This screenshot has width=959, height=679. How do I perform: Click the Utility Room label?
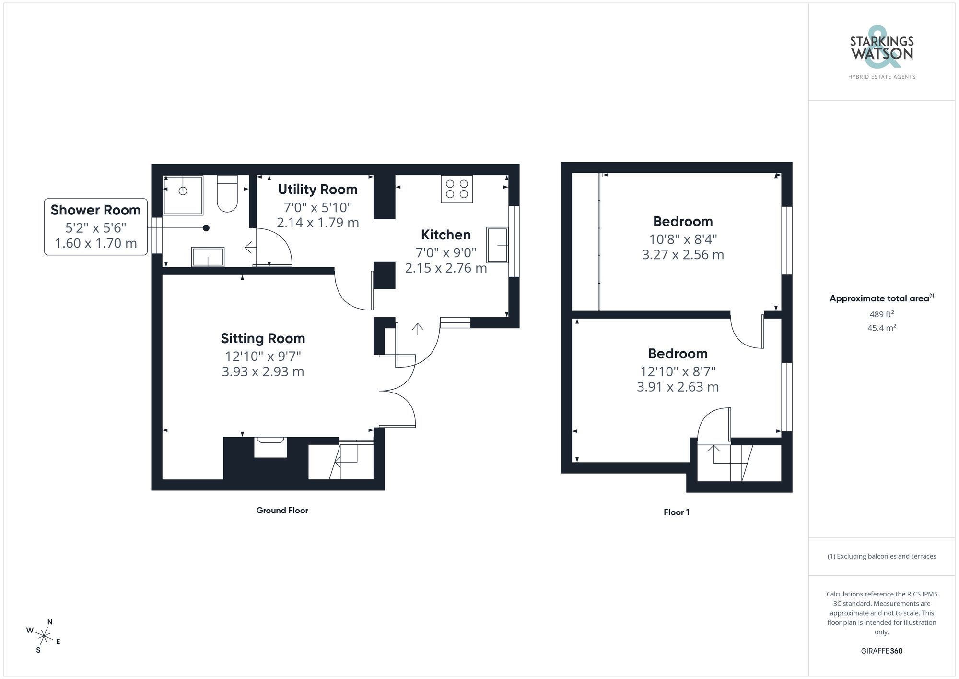[317, 190]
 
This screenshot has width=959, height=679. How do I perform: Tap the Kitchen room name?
[445, 235]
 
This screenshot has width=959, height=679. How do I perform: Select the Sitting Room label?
[263, 338]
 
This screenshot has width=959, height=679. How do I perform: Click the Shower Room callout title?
[95, 210]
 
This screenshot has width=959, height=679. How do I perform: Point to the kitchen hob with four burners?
[456, 189]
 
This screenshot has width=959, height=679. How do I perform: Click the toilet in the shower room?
[227, 194]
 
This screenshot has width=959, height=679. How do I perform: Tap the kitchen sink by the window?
[497, 245]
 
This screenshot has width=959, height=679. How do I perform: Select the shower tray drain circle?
[183, 191]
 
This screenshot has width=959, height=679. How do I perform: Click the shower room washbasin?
[208, 257]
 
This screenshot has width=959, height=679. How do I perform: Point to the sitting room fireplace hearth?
[270, 447]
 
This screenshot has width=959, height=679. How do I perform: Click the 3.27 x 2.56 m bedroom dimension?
[683, 255]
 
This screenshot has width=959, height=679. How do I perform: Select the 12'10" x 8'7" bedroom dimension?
[678, 371]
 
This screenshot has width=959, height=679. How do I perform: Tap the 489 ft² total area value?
[881, 314]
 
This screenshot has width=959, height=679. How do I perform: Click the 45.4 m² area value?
[881, 328]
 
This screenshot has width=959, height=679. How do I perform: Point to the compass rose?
[44, 637]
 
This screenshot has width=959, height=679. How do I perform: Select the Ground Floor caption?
[282, 511]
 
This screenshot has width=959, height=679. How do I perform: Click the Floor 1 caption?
[676, 512]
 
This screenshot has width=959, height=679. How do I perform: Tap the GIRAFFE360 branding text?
[881, 651]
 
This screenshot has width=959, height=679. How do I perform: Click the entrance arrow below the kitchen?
[418, 329]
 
